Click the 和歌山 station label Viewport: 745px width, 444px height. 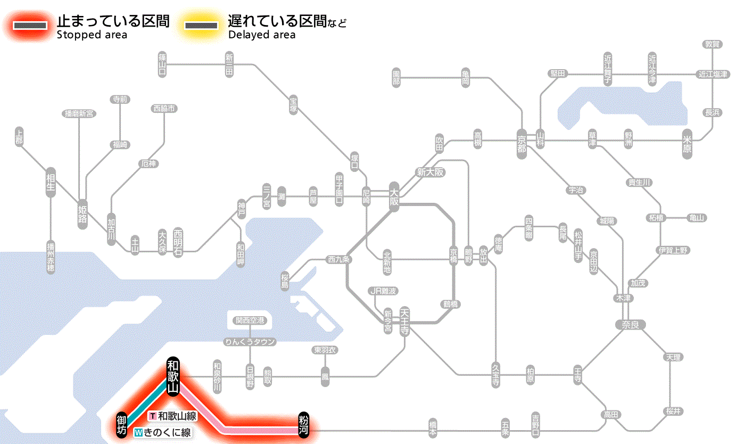[x=173, y=376]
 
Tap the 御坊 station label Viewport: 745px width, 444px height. [x=122, y=424]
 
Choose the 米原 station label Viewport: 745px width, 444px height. [x=688, y=143]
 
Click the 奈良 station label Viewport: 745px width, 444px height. [x=630, y=324]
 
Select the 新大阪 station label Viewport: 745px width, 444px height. [x=430, y=172]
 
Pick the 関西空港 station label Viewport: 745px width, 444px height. [x=250, y=320]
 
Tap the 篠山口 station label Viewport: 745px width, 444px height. [x=162, y=64]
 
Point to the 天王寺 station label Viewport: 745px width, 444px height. [x=404, y=322]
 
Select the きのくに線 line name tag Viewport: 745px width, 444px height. [x=162, y=433]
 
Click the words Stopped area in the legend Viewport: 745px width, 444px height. [x=92, y=35]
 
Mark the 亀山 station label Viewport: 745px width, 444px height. [x=697, y=218]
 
